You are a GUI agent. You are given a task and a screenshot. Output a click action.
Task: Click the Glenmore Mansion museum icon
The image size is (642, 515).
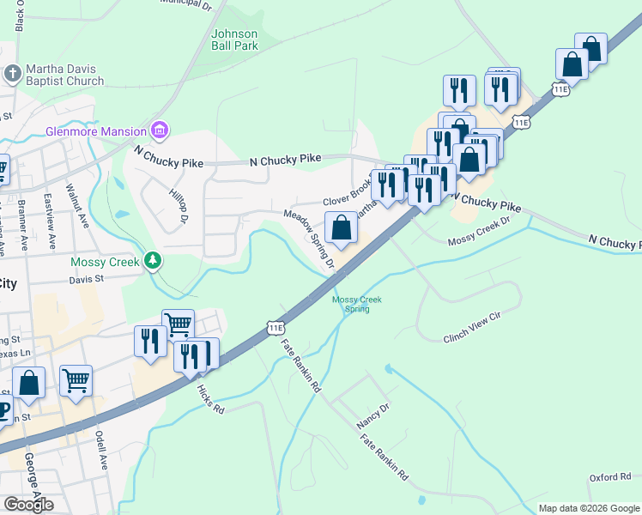click(x=159, y=130)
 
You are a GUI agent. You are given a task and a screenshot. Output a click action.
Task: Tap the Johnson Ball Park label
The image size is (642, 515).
click(x=234, y=39)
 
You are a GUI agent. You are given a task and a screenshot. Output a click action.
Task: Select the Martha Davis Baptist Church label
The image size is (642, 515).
click(x=64, y=75)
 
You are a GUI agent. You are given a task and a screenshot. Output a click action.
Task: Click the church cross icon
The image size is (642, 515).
click(x=12, y=74)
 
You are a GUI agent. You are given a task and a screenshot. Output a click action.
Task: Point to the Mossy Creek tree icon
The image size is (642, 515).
click(x=153, y=258)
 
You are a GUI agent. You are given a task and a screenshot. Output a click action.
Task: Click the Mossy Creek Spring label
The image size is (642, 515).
click(x=356, y=304)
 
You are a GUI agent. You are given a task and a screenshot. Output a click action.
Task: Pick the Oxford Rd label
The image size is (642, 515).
click(x=609, y=477)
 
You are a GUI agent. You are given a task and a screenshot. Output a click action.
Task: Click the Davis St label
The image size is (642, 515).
click(x=86, y=278)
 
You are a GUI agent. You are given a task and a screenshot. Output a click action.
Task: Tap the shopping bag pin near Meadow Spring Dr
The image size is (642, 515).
click(x=342, y=228)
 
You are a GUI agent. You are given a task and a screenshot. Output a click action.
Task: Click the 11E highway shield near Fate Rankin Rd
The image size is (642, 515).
click(x=276, y=327)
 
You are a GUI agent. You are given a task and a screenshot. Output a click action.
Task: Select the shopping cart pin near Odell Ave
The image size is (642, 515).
click(x=76, y=379)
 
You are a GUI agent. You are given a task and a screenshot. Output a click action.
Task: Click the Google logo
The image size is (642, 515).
click(x=28, y=505)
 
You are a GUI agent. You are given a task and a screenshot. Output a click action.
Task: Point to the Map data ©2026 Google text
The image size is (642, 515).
click(x=588, y=508)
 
